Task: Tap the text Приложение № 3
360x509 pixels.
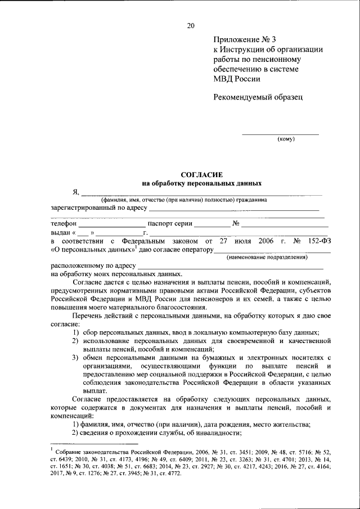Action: point(245,39)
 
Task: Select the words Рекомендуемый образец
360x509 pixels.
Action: point(258,97)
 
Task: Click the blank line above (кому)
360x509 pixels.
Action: point(280,133)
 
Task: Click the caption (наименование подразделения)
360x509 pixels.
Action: point(267,257)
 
